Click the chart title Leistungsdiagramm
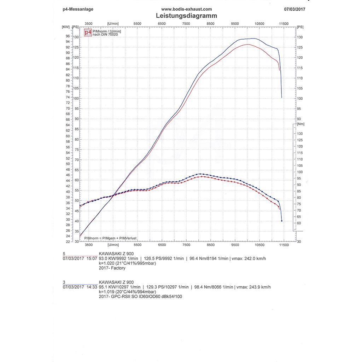[186, 16]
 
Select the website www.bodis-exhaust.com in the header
[186, 9]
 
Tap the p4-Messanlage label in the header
[78, 9]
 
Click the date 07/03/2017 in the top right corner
[294, 9]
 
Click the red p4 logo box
[88, 33]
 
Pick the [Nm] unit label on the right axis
[301, 124]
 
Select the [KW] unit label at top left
[65, 27]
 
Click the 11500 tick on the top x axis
[284, 24]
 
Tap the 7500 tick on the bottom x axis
[186, 245]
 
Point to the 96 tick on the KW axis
[67, 36]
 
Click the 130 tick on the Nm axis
[299, 134]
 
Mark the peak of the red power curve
[247, 44]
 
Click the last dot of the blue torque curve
[282, 221]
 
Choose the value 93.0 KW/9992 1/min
[120, 258]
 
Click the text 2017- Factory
[112, 268]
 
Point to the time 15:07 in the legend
[91, 258]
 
